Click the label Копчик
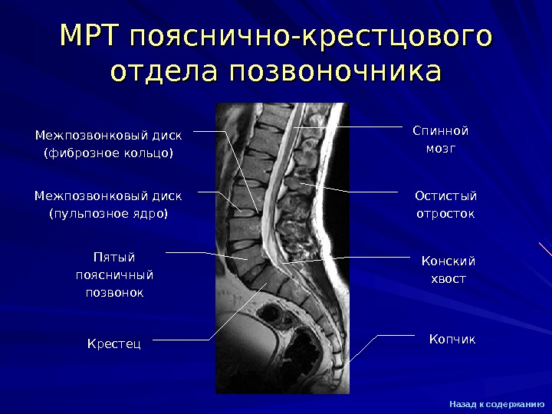click(x=452, y=338)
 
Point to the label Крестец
click(x=114, y=343)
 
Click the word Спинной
click(x=440, y=130)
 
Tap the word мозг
click(x=440, y=148)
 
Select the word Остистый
click(x=445, y=195)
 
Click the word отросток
click(x=445, y=213)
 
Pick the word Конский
click(x=449, y=261)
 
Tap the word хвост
click(x=449, y=279)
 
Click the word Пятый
click(x=113, y=257)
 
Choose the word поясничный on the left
click(x=113, y=274)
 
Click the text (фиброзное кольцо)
click(x=108, y=153)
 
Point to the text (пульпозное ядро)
click(x=108, y=213)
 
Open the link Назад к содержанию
click(x=497, y=403)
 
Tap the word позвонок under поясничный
click(x=113, y=292)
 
